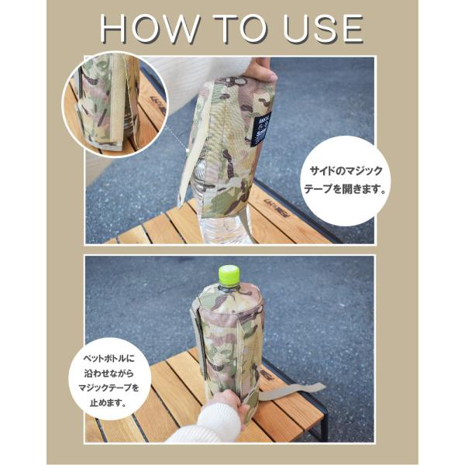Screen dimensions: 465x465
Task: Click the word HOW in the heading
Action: [149, 29]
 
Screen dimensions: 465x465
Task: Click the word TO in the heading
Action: [240, 29]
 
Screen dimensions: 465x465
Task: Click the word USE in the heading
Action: [323, 29]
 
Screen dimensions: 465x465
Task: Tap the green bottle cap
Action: [229, 276]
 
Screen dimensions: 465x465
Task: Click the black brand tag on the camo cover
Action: [260, 130]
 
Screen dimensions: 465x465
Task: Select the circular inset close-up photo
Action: [115, 105]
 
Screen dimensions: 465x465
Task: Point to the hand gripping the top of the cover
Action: [261, 70]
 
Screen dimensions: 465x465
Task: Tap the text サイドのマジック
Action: [346, 171]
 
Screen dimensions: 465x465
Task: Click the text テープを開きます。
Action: [345, 189]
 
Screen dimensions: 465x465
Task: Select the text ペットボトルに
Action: [108, 359]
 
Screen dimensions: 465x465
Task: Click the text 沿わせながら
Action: [108, 373]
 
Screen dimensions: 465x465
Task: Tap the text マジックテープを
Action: [108, 387]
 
